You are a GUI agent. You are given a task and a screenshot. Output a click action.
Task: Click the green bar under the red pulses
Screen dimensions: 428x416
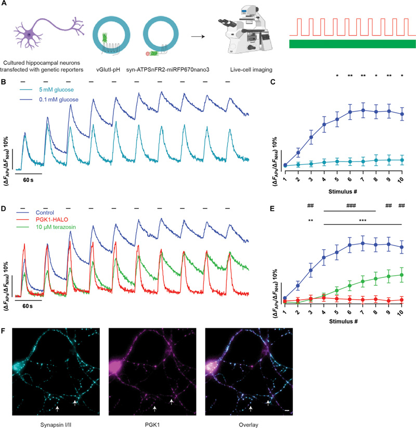pos(352,44)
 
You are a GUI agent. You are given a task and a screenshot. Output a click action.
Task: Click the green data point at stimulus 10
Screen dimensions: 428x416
pos(401,275)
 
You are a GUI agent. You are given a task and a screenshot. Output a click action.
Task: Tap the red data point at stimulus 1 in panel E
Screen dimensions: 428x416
pos(285,300)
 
